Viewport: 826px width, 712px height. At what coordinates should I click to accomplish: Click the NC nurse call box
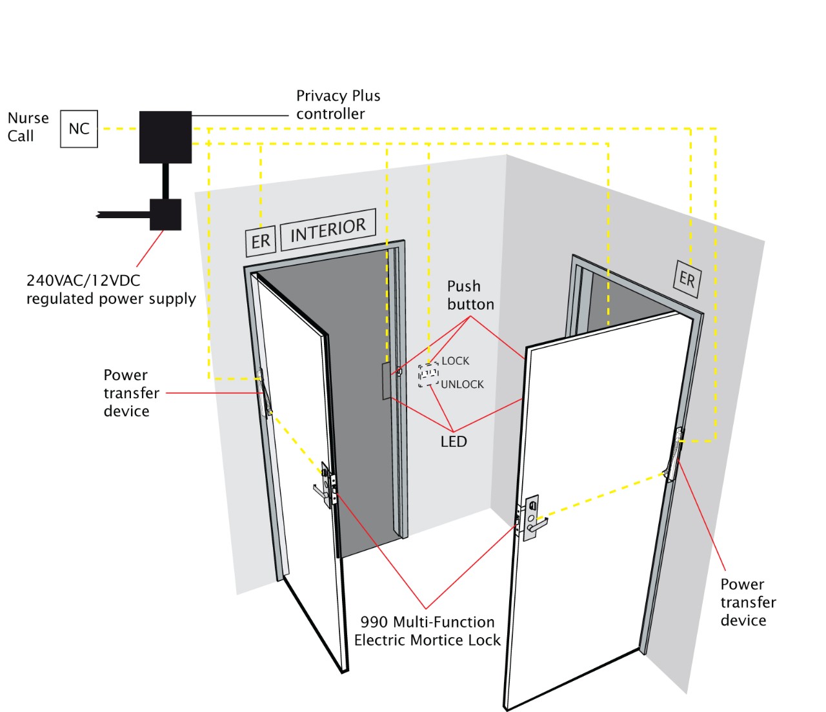pos(79,129)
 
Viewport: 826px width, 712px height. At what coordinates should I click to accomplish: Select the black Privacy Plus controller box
pos(165,137)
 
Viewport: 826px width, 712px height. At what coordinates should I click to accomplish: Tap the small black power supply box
pos(165,214)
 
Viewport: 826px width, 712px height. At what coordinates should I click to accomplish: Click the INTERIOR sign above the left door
pos(328,229)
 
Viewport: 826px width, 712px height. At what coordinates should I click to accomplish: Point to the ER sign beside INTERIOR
pos(261,241)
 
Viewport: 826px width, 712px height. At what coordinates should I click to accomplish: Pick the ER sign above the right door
pos(687,279)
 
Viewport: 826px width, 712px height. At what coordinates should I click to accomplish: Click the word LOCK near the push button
pos(455,361)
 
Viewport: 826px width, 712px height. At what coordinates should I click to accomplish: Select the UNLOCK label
pos(462,385)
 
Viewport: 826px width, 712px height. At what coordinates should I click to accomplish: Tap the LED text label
pos(454,442)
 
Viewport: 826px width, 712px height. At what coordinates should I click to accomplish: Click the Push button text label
pos(470,295)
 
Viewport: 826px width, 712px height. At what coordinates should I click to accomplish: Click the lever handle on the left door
pos(320,491)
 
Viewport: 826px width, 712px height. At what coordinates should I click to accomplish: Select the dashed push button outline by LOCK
pos(428,375)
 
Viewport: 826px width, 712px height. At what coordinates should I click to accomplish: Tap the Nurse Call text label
pos(28,127)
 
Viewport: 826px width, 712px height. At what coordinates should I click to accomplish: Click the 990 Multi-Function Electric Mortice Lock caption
pos(427,631)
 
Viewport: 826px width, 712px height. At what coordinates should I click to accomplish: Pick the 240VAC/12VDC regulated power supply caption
pos(111,290)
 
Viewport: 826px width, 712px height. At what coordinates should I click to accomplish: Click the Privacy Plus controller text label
pos(337,105)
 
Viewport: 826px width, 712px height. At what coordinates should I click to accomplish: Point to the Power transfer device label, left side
pos(131,393)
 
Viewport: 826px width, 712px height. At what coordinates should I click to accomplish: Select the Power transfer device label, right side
pos(748,602)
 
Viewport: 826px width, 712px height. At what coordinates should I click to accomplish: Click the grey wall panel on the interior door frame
pos(386,381)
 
